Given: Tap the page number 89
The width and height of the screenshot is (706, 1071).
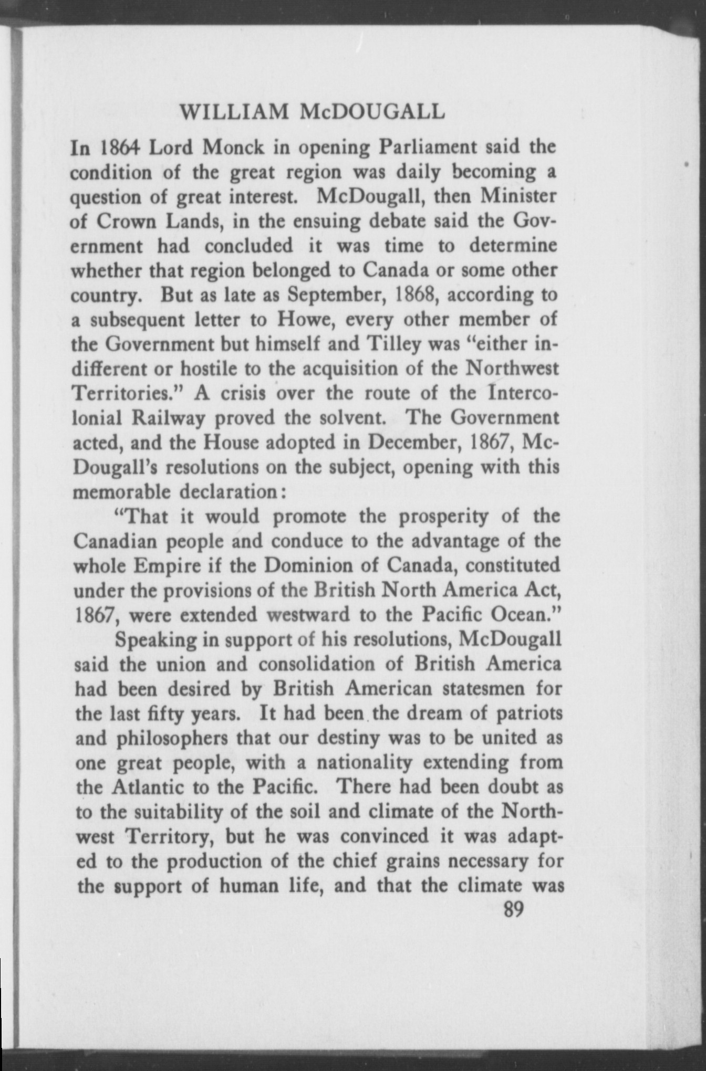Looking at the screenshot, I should [514, 909].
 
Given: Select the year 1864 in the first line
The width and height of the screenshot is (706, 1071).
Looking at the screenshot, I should [116, 148].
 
